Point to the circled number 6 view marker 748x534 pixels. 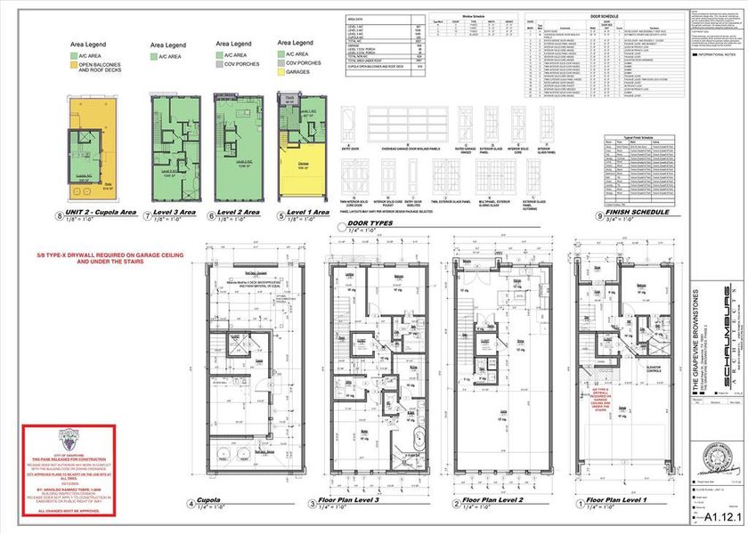(x=212, y=214)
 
